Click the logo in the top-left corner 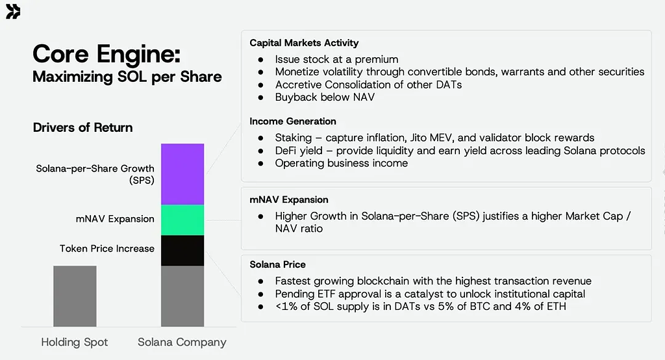[x=13, y=12]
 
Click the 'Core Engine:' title [x=107, y=55]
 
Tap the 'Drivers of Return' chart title [x=82, y=127]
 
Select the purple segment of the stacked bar [x=182, y=174]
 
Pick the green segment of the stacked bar [x=182, y=220]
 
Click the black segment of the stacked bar [x=182, y=250]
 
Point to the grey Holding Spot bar [x=75, y=296]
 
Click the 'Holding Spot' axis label [x=75, y=342]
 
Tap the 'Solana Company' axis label [x=182, y=342]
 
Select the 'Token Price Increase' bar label [x=107, y=248]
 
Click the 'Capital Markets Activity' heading [x=304, y=43]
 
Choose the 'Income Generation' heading [x=293, y=122]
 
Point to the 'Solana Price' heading [x=277, y=264]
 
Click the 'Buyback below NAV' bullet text [x=325, y=97]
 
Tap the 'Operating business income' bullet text [x=342, y=164]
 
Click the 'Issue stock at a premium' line [x=337, y=59]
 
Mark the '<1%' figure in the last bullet [x=286, y=307]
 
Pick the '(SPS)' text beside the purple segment [x=142, y=181]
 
